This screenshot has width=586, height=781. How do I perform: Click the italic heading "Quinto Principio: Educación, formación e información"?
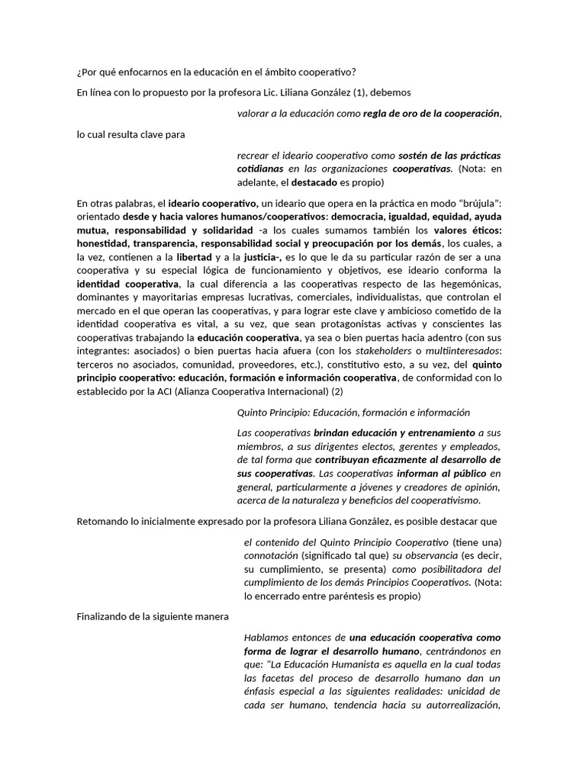point(354,413)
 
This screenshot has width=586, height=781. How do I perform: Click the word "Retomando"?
point(104,522)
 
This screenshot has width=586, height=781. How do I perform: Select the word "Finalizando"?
point(105,616)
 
